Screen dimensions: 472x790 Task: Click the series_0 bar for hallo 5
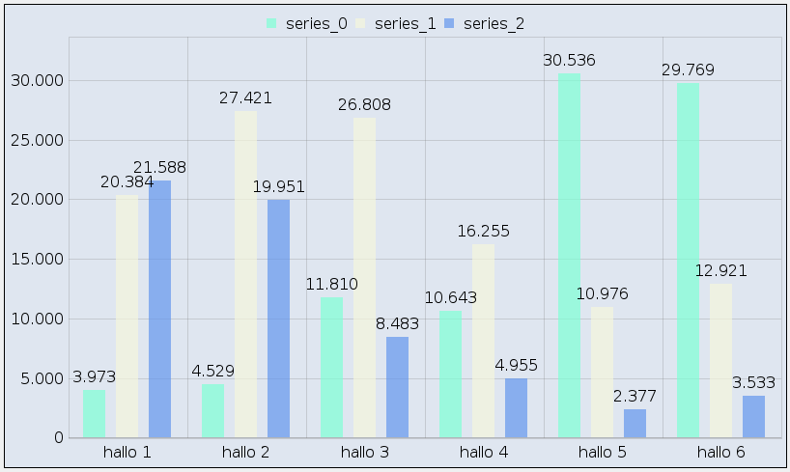(x=569, y=256)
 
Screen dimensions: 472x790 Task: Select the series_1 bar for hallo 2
(x=246, y=275)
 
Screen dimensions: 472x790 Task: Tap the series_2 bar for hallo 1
(x=159, y=309)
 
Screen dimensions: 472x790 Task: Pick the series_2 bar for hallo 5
(x=635, y=424)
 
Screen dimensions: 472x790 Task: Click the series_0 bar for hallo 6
(x=688, y=261)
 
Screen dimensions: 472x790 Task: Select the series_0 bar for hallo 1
(x=94, y=414)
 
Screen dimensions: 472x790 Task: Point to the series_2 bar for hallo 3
(x=397, y=387)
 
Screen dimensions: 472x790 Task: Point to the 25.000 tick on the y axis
(x=36, y=140)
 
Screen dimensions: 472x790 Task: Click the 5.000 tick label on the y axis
(x=40, y=378)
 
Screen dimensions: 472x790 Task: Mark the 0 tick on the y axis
(x=58, y=438)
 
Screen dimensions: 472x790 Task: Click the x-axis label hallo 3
(x=365, y=452)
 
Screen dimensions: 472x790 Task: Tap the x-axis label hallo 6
(x=721, y=452)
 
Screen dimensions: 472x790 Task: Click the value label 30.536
(x=569, y=61)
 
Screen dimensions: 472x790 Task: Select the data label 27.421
(x=245, y=98)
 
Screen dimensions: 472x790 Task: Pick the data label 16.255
(x=483, y=232)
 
